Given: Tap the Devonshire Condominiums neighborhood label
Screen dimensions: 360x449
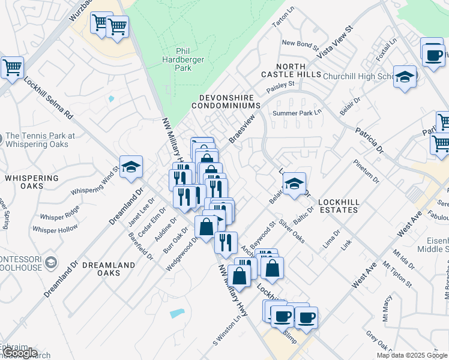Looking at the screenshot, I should tap(226, 101).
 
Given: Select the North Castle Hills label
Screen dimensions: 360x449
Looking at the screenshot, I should tap(291, 70).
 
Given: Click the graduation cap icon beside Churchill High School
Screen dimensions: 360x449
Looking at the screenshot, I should tap(405, 77).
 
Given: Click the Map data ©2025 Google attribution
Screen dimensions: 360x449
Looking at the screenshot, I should tap(412, 355).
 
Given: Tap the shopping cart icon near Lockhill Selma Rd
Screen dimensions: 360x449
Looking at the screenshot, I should tap(12, 67).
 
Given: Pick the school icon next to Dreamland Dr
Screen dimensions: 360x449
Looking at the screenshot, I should tap(130, 167).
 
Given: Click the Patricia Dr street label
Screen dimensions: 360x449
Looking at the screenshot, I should tap(369, 139).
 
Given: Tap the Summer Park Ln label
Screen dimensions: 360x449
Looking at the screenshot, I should tap(297, 113).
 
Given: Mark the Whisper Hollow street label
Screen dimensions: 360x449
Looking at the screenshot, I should tap(55, 229).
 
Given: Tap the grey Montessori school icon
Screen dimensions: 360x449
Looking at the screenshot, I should tap(52, 262).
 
